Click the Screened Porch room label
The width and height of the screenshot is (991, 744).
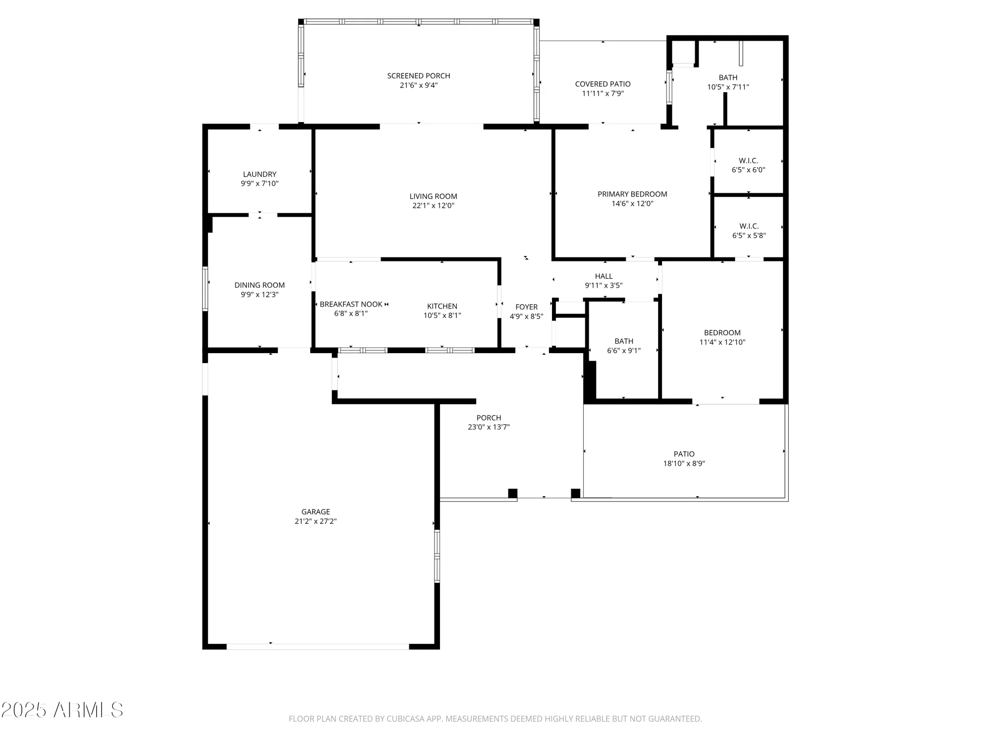(x=419, y=76)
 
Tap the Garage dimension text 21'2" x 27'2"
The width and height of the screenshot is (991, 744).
(x=316, y=521)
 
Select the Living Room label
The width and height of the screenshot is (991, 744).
(x=433, y=196)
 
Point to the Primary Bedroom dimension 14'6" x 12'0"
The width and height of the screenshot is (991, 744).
(x=632, y=203)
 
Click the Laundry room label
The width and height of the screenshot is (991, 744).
(x=260, y=174)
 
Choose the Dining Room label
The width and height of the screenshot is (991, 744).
(x=260, y=285)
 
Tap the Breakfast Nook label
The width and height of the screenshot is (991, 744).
(x=351, y=304)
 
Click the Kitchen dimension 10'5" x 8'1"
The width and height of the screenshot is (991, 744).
(x=442, y=315)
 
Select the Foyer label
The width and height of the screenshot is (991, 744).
(x=526, y=307)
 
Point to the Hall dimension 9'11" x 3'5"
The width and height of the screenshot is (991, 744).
(x=604, y=286)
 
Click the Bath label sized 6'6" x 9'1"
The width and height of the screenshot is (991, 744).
(x=624, y=341)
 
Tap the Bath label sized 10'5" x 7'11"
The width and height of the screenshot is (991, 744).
(x=728, y=77)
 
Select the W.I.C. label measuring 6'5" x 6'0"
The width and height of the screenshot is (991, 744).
(x=748, y=161)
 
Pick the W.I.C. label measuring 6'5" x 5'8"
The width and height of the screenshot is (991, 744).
(x=749, y=226)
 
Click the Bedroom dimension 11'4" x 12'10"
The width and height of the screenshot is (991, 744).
(x=722, y=342)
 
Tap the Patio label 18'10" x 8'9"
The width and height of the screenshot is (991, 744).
(x=684, y=454)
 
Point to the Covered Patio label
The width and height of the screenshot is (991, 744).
(x=603, y=84)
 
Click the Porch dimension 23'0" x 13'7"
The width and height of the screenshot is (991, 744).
(x=489, y=427)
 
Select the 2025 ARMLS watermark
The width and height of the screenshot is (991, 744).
(x=62, y=710)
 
